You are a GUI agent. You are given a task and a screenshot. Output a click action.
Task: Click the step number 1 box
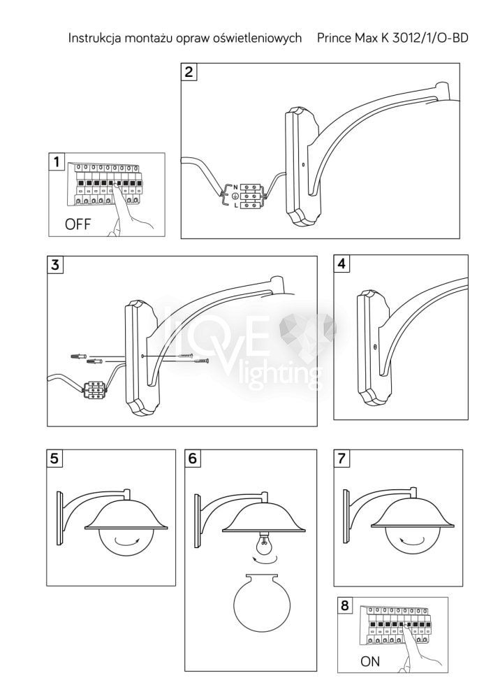tap(57, 161)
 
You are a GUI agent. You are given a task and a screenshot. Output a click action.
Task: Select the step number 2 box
tap(189, 72)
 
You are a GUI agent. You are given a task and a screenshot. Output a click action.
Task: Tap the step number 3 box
tap(55, 265)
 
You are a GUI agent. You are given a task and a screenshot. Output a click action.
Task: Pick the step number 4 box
tap(341, 264)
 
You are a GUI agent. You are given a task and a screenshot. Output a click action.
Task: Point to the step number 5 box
tap(54, 458)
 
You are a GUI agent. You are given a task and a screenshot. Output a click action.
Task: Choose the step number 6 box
tap(193, 458)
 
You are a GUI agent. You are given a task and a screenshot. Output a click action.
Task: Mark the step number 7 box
tap(341, 458)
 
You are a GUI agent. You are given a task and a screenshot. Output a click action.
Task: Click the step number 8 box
tap(345, 605)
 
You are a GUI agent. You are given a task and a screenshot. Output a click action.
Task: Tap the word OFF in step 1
tap(78, 224)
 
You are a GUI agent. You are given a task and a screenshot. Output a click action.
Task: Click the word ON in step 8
tap(370, 661)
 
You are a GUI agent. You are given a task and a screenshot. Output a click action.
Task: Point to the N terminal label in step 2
tap(235, 187)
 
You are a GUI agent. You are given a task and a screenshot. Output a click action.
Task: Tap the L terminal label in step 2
tap(235, 206)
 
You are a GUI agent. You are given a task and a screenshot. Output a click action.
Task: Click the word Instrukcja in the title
tap(94, 38)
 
